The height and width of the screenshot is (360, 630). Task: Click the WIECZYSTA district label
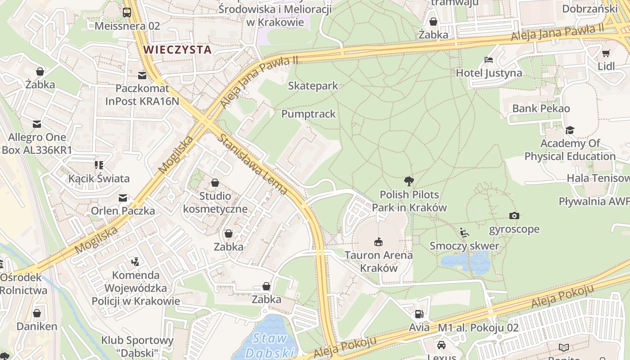pos(177,49)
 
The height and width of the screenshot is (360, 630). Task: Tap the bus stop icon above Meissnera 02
pos(127,13)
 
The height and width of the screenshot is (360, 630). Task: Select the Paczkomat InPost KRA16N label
pos(142,95)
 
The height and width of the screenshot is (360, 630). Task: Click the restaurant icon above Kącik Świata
pos(99,165)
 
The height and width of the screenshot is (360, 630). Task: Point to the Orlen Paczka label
pos(123,211)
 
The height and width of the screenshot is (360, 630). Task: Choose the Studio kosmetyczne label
pos(215,202)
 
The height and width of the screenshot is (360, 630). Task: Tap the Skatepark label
pos(313,85)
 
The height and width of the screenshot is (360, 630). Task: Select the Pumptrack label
pos(308,114)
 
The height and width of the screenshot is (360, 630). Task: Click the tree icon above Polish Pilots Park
pos(409,181)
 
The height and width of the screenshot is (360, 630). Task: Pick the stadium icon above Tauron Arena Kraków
pos(378,242)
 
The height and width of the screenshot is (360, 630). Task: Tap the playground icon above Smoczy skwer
pos(464,233)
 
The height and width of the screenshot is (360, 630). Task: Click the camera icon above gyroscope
pos(514,216)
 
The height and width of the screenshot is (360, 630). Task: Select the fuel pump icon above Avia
pos(419,314)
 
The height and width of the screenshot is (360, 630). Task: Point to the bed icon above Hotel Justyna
pos(489,59)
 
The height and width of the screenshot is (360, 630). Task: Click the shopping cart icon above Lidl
pos(606,53)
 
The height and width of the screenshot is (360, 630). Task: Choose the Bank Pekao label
pos(541,108)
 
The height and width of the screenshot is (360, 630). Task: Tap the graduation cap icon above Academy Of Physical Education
pos(570,130)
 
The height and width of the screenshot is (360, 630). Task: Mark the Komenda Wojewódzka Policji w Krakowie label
pos(136,288)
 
